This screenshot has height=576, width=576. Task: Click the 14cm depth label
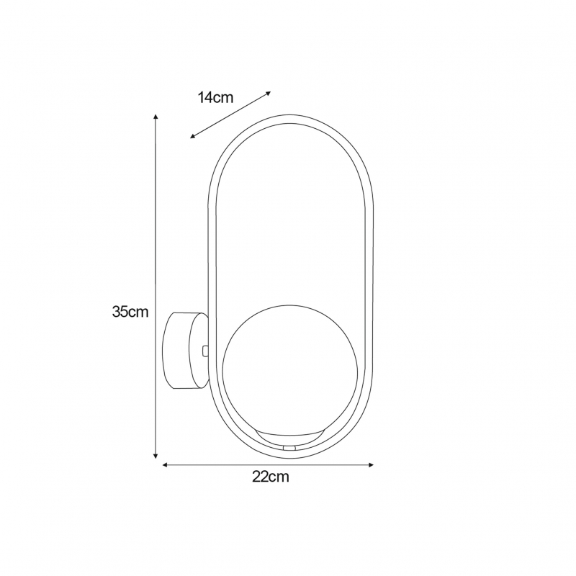(x=215, y=98)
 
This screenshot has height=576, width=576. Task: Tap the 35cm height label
(x=130, y=312)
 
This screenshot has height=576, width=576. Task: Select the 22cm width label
(x=271, y=477)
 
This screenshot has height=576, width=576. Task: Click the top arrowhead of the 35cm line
(x=156, y=117)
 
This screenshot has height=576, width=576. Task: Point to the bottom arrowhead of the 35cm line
(x=156, y=456)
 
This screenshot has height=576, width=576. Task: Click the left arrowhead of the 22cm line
(x=165, y=465)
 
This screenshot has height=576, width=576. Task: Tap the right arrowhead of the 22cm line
(x=371, y=465)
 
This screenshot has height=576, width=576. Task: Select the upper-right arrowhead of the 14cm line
(x=269, y=93)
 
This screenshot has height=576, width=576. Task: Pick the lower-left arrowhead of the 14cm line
(x=192, y=136)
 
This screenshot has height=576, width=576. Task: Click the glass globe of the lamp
(x=289, y=370)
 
